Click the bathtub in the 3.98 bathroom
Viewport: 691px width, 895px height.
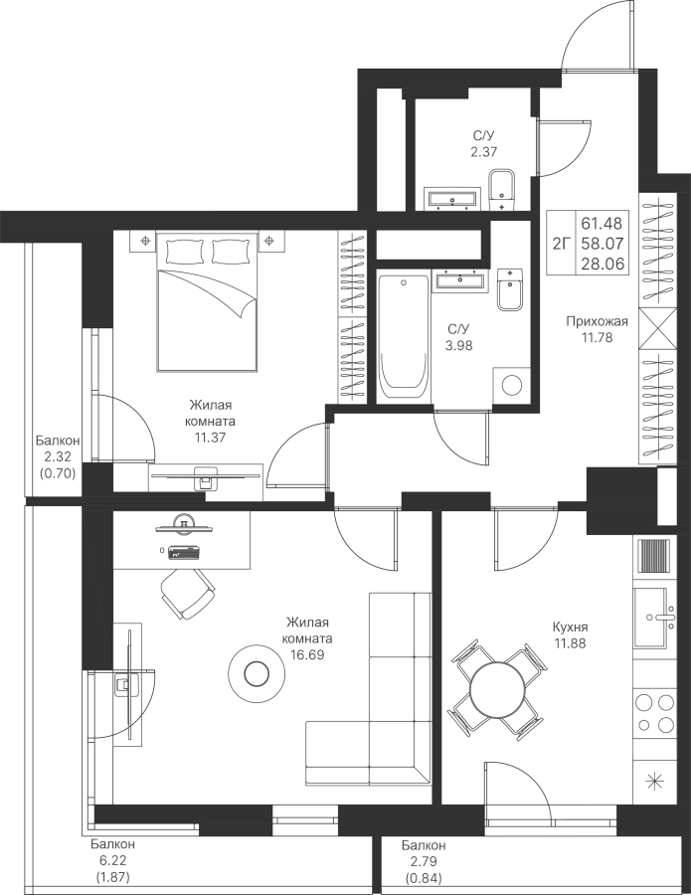404,338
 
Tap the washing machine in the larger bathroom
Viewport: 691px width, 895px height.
512,386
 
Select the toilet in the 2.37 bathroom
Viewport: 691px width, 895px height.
503,190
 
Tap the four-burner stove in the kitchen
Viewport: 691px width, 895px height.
655,712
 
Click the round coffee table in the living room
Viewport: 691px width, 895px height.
256,674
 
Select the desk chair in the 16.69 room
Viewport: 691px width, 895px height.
188,594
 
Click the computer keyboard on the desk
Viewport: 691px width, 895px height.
184,553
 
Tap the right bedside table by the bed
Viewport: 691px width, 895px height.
271,241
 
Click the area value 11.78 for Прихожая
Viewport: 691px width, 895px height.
597,337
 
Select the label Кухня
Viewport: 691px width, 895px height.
570,627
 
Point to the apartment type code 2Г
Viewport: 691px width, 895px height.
562,244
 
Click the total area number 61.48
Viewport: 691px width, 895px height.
602,223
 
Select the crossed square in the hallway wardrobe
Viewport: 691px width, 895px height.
658,327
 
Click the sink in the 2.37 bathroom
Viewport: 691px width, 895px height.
452,198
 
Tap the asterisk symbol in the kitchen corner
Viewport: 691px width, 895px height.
655,781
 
